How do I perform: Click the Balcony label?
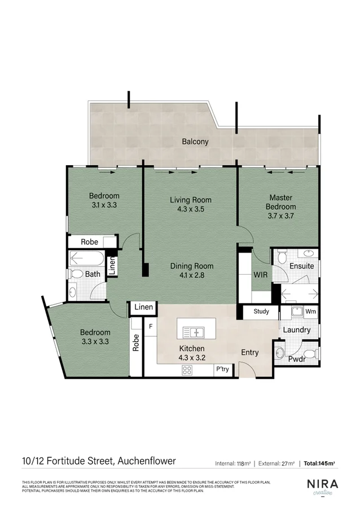click(195, 142)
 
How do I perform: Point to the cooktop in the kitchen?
click(187, 370)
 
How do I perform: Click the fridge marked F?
click(151, 326)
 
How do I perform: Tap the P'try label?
click(222, 370)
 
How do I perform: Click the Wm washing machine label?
click(310, 311)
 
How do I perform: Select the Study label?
click(261, 311)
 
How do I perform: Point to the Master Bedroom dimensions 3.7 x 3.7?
click(280, 215)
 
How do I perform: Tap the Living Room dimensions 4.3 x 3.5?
click(190, 209)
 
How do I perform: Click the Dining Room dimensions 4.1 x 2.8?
click(191, 276)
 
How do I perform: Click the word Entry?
click(249, 353)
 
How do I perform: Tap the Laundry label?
click(296, 330)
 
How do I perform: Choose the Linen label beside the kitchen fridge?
click(143, 307)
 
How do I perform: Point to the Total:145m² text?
click(319, 463)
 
